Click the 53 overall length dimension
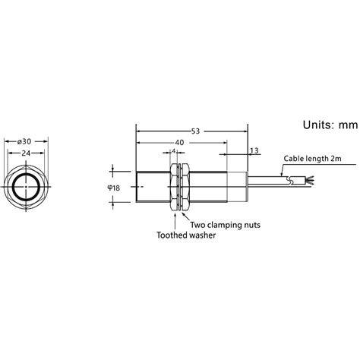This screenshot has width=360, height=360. click(195, 131)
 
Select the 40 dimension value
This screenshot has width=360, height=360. click(179, 142)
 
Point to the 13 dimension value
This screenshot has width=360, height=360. click(253, 151)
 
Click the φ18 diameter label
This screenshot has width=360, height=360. click(114, 188)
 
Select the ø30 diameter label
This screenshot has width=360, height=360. click(25, 141)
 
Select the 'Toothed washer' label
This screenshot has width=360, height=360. click(185, 235)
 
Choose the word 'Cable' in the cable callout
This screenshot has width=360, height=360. click(294, 160)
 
